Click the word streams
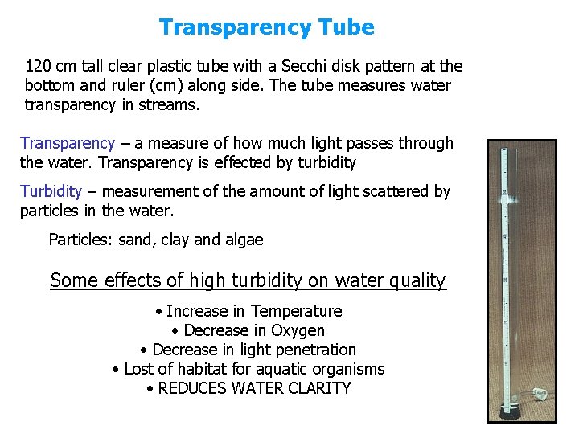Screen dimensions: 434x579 [170, 104]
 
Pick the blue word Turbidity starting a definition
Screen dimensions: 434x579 [51, 191]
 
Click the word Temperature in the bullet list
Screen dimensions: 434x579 [297, 311]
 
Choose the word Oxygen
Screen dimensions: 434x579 [298, 330]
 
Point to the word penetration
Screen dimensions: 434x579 [314, 350]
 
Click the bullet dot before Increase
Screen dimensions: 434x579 [160, 311]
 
